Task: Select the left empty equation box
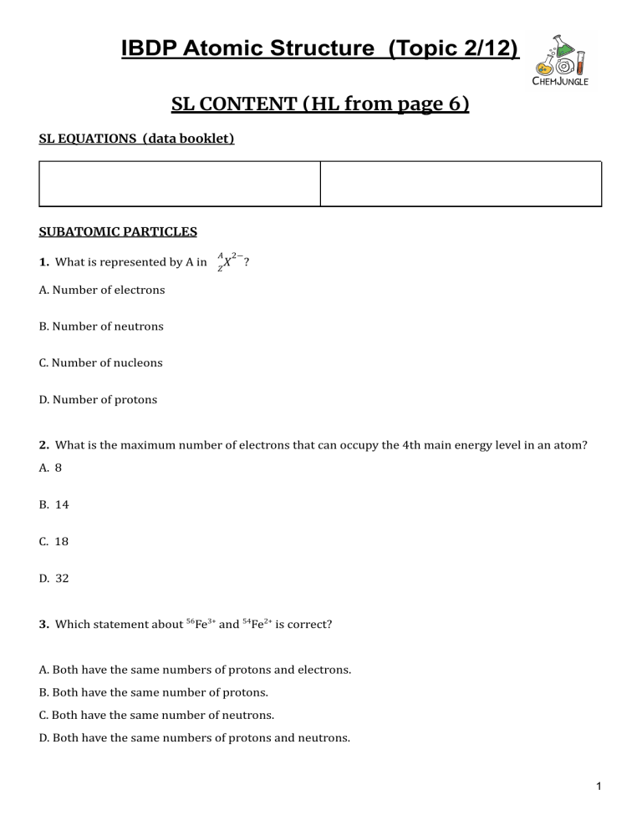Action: [x=180, y=184]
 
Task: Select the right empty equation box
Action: [x=461, y=184]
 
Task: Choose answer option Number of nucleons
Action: [x=101, y=363]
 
